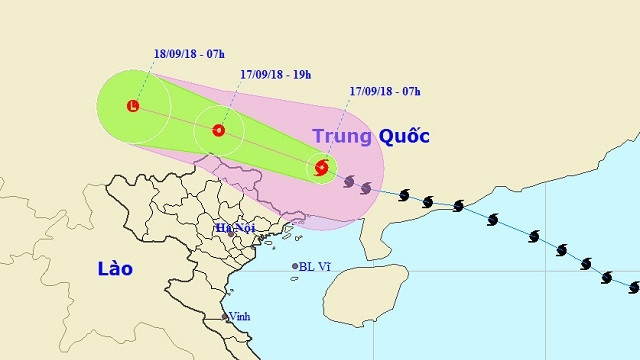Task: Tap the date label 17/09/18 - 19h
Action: point(276,74)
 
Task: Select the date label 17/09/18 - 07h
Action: point(385,92)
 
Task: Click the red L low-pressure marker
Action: point(133,105)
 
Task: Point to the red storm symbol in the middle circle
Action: point(218,130)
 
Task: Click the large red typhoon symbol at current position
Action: point(321,168)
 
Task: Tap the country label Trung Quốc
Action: point(370,136)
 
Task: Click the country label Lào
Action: point(115,269)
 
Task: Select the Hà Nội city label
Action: point(237,228)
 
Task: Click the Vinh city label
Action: point(240,316)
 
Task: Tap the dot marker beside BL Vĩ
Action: point(295,266)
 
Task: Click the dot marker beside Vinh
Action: point(225,317)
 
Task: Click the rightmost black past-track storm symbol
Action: point(633,287)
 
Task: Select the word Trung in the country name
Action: point(341,136)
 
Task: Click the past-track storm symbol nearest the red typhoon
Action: point(349,181)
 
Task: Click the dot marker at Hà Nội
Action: point(231,233)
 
